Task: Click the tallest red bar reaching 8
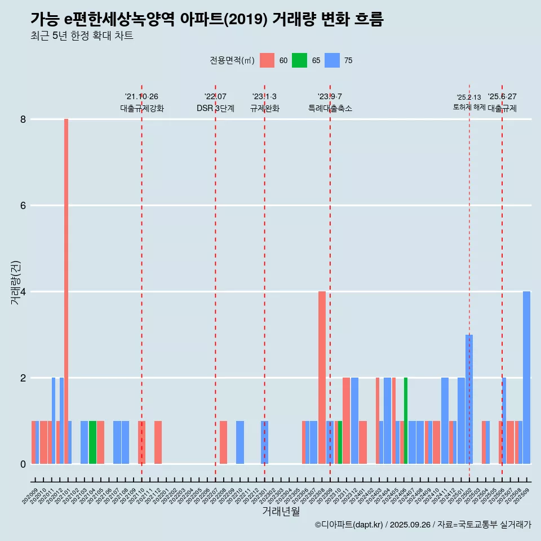(x=66, y=291)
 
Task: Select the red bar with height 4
(x=322, y=378)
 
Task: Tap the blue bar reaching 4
(x=526, y=378)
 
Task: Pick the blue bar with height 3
(x=469, y=399)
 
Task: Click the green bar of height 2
(x=406, y=420)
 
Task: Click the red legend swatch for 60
(x=267, y=60)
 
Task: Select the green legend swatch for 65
(x=299, y=60)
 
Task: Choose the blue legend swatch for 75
(x=332, y=60)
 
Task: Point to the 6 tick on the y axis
(x=23, y=206)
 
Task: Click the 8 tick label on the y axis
(x=23, y=119)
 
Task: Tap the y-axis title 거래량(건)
(x=16, y=282)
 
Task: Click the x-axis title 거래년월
(x=281, y=511)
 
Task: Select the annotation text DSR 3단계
(x=215, y=108)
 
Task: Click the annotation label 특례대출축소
(x=330, y=108)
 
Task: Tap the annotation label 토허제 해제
(x=469, y=107)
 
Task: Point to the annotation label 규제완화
(x=264, y=108)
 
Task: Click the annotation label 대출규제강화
(x=141, y=108)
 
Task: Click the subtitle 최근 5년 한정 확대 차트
(x=82, y=37)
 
